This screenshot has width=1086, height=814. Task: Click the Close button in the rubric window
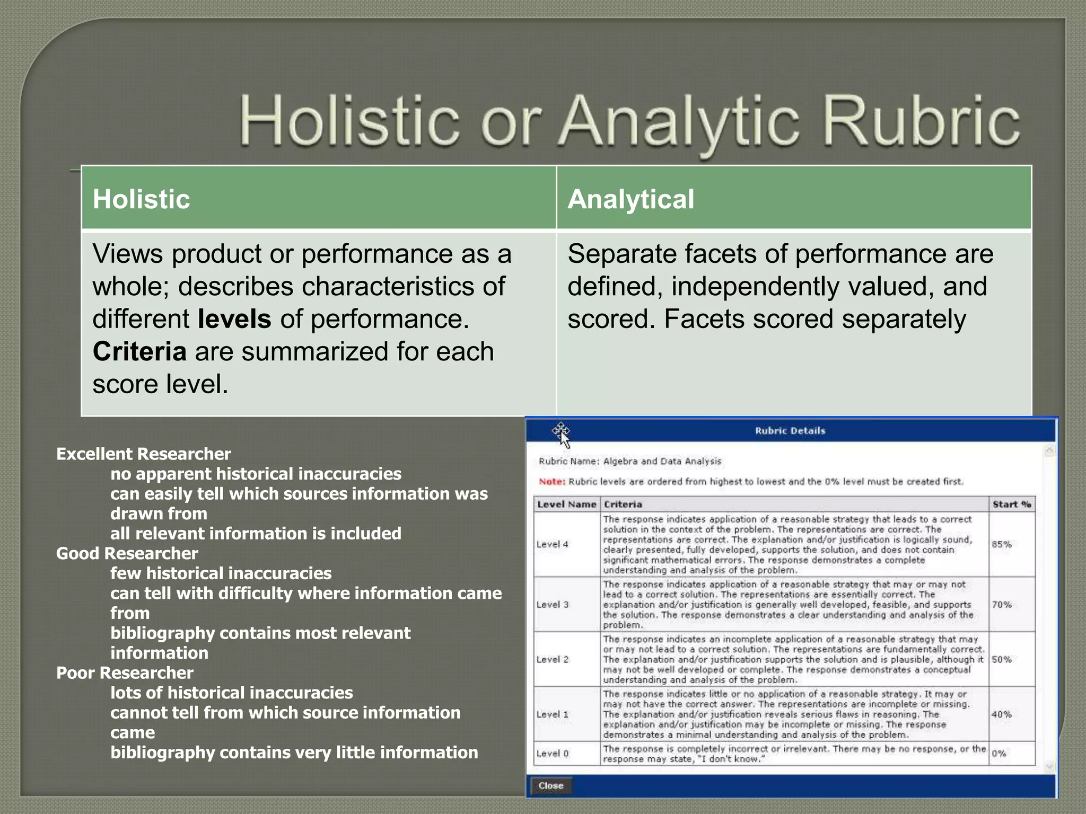550,785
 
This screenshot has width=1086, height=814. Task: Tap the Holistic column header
141,199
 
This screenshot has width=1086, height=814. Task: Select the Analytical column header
630,199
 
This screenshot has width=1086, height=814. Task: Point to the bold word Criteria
139,351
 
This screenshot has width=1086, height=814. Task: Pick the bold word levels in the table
234,319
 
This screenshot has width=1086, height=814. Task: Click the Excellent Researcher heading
143,454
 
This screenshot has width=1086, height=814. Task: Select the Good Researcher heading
127,553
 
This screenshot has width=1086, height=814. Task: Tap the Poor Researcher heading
125,673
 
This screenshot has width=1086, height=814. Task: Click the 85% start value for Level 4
1001,544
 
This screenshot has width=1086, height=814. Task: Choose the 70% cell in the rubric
1001,604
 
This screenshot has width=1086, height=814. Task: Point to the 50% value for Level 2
1001,659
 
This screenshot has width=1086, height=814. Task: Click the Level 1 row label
552,714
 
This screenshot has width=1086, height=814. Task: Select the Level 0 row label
552,753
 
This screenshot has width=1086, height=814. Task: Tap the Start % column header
1011,504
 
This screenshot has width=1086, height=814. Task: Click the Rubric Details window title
790,431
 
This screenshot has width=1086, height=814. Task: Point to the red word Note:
551,482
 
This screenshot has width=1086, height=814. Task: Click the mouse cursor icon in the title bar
562,434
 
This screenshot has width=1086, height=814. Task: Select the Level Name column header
566,504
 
